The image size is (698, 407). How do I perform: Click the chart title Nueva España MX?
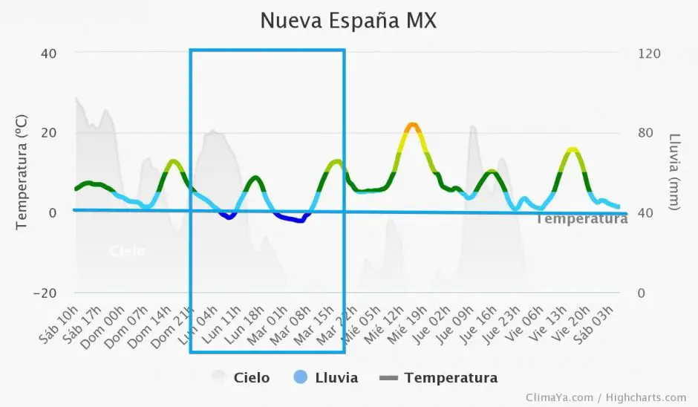[348, 21]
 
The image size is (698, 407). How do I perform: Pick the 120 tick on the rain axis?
[649, 53]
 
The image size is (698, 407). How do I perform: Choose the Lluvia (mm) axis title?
[674, 172]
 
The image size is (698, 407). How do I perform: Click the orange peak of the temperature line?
[412, 125]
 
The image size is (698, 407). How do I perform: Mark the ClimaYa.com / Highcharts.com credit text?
[606, 397]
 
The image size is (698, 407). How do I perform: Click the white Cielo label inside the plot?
[127, 251]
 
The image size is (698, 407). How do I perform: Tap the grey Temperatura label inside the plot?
[581, 219]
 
